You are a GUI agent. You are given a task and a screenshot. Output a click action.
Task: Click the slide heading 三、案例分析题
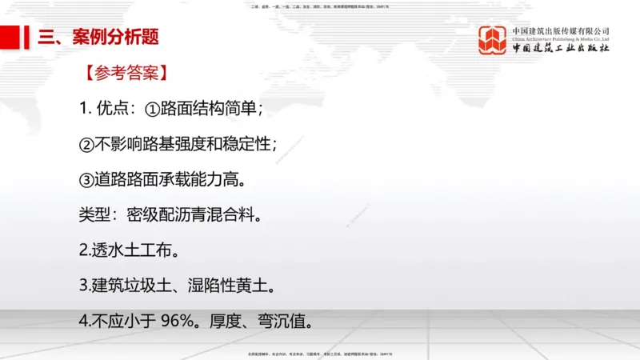(x=98, y=36)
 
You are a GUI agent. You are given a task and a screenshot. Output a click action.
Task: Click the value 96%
(x=179, y=321)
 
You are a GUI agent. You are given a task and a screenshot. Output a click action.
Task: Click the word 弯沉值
(x=282, y=321)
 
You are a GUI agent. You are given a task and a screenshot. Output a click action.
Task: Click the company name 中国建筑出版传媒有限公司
(x=561, y=31)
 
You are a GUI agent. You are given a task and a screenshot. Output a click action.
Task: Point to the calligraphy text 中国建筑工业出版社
(x=561, y=49)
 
